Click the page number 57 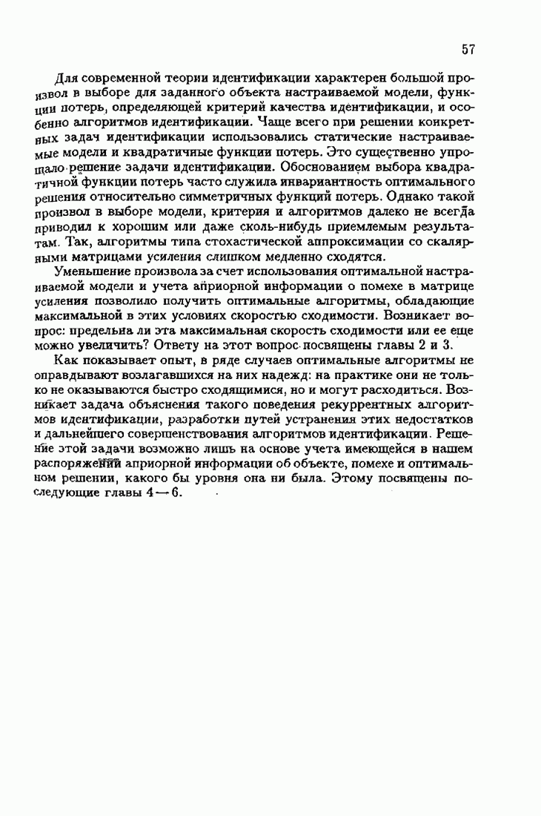467,50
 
